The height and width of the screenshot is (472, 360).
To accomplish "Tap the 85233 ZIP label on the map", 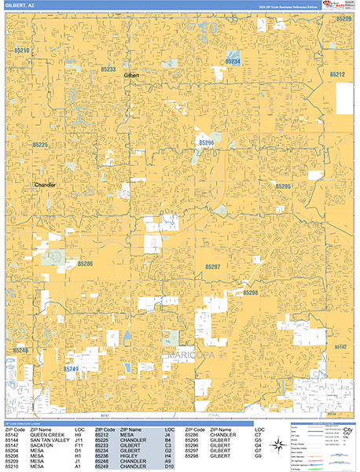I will pyautogui.click(x=108, y=69).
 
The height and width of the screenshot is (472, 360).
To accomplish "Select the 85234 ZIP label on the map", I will pyautogui.click(x=233, y=61).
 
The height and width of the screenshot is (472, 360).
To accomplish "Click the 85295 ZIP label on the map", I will pyautogui.click(x=283, y=186).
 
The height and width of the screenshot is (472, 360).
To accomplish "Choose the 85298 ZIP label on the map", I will pyautogui.click(x=250, y=292).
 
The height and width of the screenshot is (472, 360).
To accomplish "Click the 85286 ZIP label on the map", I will pyautogui.click(x=85, y=264).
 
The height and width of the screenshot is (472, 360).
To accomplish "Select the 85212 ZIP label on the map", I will pyautogui.click(x=337, y=74).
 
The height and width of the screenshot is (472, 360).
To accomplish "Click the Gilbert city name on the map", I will pyautogui.click(x=131, y=76).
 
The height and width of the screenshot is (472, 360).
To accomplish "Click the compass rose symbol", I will pyautogui.click(x=278, y=445).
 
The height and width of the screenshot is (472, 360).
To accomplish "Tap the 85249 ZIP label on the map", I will pyautogui.click(x=71, y=368).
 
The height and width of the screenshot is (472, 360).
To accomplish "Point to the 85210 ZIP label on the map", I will pyautogui.click(x=20, y=50).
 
